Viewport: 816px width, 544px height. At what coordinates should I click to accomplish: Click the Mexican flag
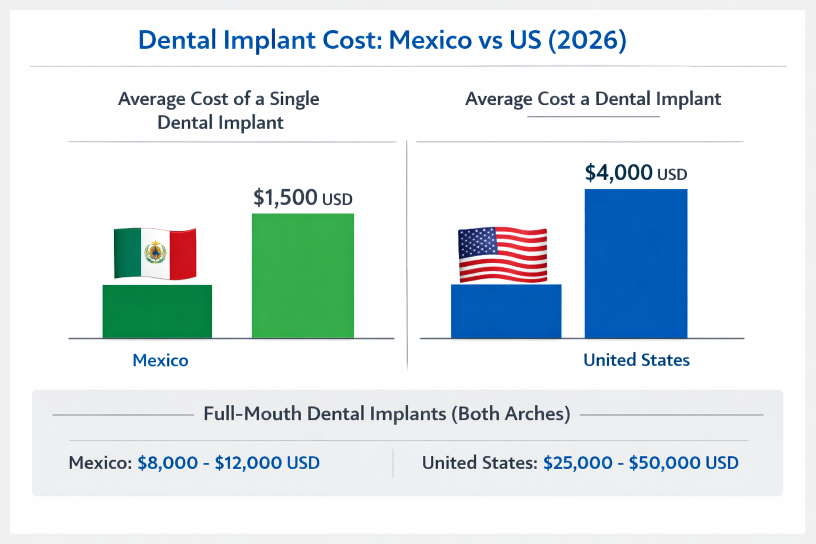coord(155,253)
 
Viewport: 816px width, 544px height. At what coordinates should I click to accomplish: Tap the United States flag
coord(503,254)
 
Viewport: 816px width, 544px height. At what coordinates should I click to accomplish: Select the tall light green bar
coord(303,276)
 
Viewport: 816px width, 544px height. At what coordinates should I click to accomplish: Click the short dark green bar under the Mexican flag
coord(157,311)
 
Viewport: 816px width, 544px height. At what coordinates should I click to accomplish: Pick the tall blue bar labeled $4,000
coord(636,263)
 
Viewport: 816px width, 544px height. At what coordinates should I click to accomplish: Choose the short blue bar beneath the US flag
coord(506,311)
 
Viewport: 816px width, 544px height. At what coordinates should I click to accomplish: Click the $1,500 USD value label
coord(302,198)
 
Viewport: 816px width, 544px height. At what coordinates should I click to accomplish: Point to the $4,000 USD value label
coord(635,173)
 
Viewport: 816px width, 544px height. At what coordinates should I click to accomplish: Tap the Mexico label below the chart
coord(160,360)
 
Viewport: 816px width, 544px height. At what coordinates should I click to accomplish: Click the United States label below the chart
coord(636,360)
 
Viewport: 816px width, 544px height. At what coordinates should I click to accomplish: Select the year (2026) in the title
coord(588,40)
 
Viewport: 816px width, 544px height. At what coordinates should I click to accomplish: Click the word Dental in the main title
coord(177,40)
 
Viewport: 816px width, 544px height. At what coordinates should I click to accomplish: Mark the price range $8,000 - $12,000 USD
coord(228,463)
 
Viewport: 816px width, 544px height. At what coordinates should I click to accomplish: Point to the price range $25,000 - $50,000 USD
coord(641,463)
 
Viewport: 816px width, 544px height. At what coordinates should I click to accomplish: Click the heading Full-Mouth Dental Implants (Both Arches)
coord(387,414)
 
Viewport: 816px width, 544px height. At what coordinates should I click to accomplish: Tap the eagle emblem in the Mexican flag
coord(155,252)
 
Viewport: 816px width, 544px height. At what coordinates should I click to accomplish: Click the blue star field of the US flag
coord(477,242)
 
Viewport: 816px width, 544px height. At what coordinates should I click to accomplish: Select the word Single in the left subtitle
coord(294,99)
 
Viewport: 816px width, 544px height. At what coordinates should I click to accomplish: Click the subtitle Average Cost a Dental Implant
coord(593,99)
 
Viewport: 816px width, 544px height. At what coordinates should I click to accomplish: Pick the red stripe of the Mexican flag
coord(183,254)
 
